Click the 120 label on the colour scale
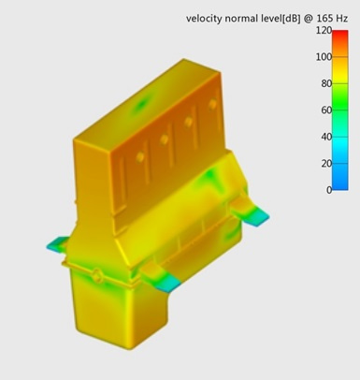click(x=324, y=31)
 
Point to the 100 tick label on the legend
click(x=324, y=57)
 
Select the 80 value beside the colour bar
click(x=326, y=83)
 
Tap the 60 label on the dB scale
click(x=326, y=110)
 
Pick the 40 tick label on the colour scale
click(x=326, y=137)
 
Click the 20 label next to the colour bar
click(x=326, y=163)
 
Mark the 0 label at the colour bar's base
click(x=329, y=190)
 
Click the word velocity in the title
click(x=204, y=19)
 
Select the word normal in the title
click(x=241, y=19)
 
